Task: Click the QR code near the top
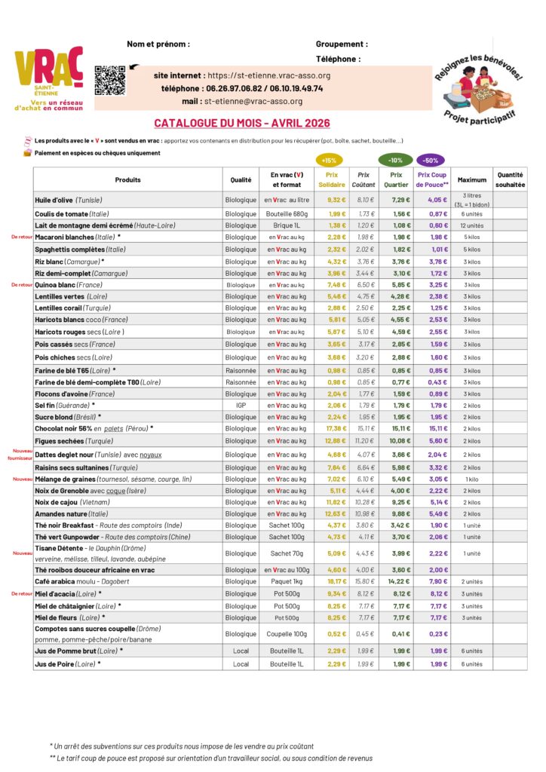109,81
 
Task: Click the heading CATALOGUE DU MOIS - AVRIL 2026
241,123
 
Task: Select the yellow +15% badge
329,160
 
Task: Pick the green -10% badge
395,160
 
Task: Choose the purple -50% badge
431,160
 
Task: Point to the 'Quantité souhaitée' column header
510,179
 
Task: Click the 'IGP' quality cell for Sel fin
241,405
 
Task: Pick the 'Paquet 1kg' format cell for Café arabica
287,581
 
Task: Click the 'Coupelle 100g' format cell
287,634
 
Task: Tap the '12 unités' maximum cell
471,225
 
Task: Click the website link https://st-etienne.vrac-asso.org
268,75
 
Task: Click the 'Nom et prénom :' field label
158,44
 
